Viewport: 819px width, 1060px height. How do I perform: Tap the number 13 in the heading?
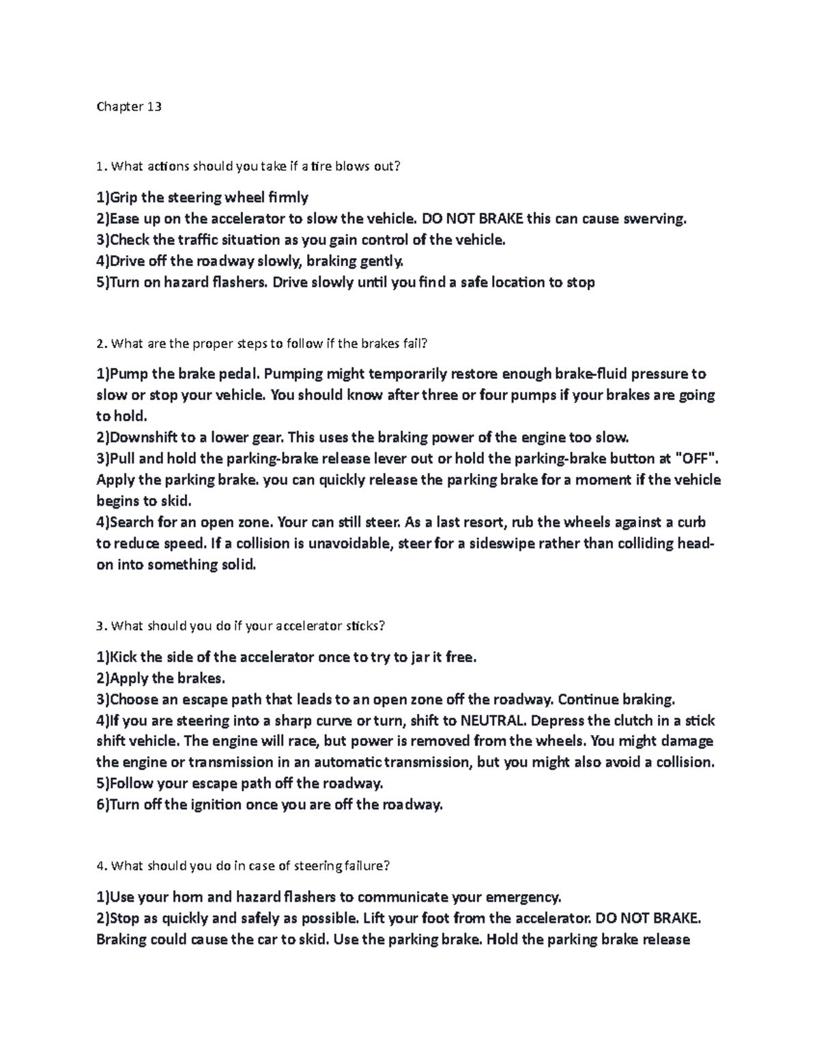click(x=154, y=106)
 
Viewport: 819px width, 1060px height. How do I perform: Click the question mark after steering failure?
click(x=386, y=866)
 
